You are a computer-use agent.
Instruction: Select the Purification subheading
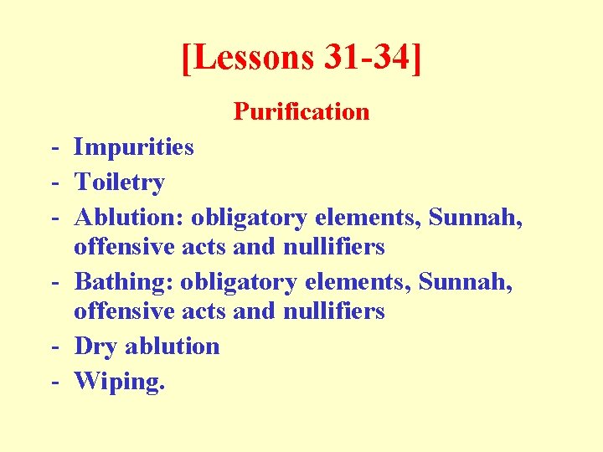pos(301,111)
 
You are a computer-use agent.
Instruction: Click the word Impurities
pos(134,147)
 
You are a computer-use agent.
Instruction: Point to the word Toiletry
pos(120,182)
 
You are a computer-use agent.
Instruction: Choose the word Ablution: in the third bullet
pos(129,218)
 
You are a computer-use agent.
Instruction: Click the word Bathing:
pos(123,282)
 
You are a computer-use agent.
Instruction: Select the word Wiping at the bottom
pos(117,382)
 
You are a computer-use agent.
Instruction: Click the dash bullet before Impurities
pos(53,148)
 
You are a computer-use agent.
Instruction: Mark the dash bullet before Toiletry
pos(53,183)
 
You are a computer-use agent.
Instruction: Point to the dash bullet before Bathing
pos(53,283)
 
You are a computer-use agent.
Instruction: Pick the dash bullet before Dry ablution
pos(53,347)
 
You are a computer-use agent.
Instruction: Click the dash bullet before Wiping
pos(53,382)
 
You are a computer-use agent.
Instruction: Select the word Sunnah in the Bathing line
pos(466,282)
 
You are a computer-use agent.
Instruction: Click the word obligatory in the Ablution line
pos(250,218)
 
